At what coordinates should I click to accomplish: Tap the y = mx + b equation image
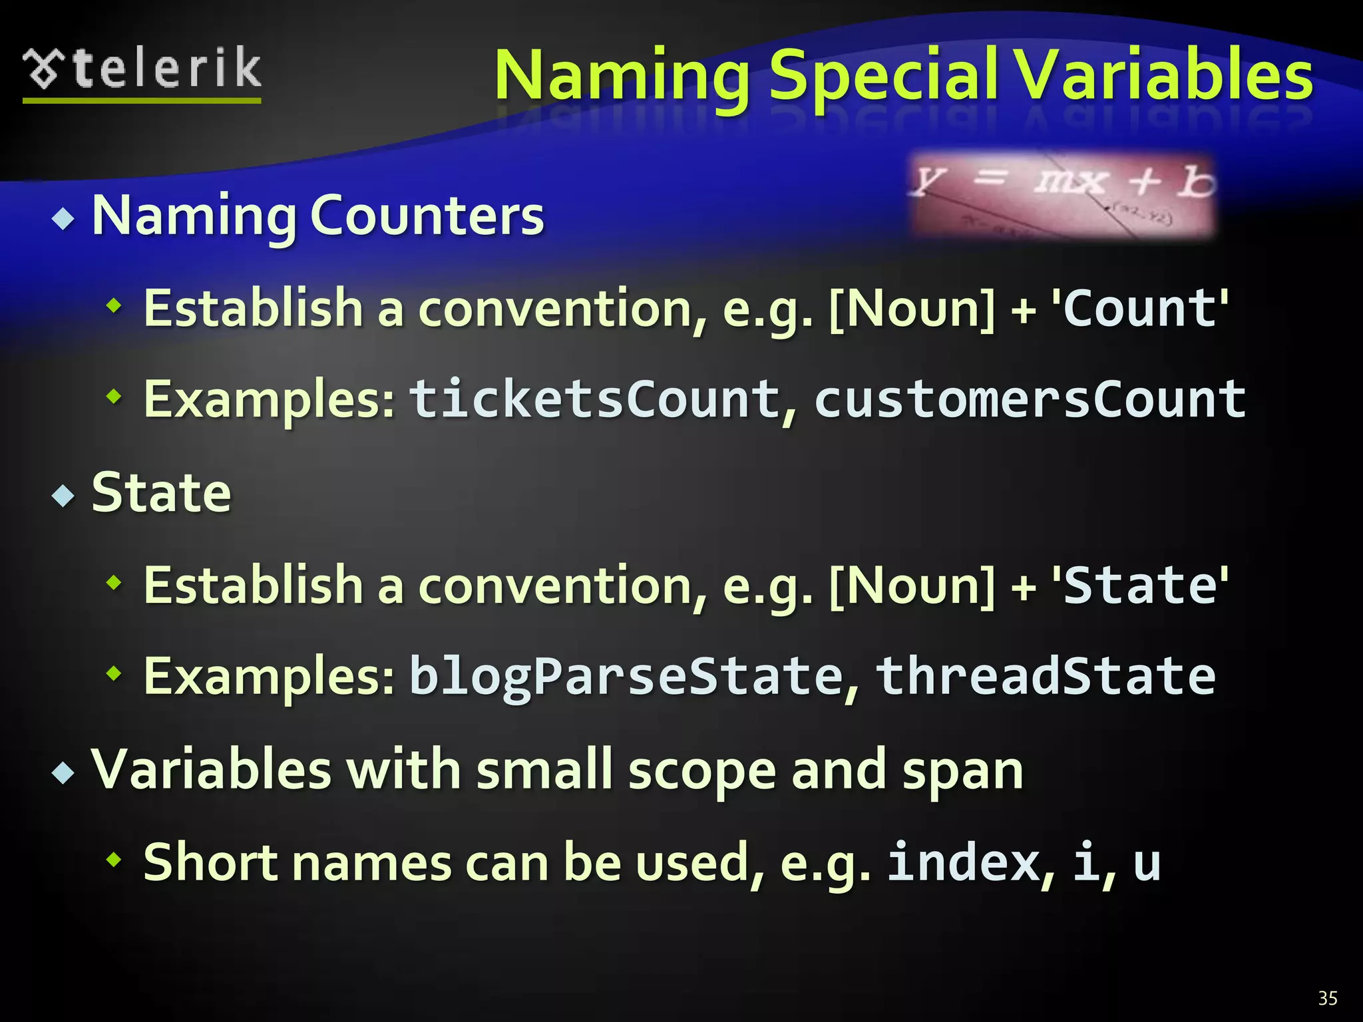[1063, 195]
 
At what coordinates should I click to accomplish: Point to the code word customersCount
[1030, 400]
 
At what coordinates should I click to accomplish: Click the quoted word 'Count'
[1139, 309]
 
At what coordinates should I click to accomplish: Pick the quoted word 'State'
[1139, 586]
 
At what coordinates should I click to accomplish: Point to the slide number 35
[1328, 998]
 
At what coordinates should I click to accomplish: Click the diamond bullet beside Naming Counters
[63, 218]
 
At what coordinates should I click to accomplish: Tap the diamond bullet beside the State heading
[63, 495]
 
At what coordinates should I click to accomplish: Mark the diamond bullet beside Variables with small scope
[63, 772]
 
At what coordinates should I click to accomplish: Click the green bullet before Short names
[114, 860]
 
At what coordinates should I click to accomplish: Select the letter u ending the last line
[1146, 864]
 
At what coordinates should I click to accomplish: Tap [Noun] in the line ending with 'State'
[912, 586]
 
